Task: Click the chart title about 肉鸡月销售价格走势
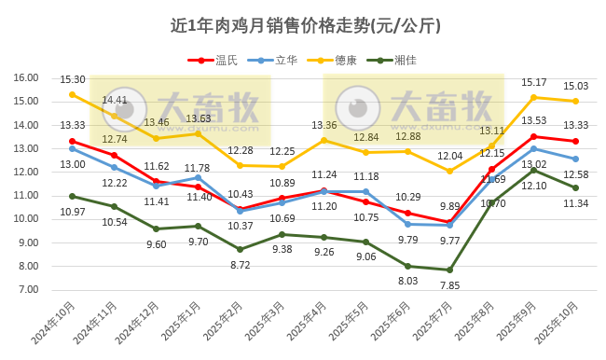point(306,25)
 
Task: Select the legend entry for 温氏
point(215,61)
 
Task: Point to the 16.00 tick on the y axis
point(25,78)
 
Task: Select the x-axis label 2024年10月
point(58,322)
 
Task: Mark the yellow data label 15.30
point(73,80)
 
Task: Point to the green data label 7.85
point(450,285)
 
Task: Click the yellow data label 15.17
point(534,83)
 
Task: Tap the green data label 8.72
point(241,265)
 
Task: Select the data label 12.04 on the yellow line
point(450,156)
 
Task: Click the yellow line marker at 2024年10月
point(73,94)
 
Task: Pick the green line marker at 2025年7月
point(450,270)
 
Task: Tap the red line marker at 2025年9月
point(534,136)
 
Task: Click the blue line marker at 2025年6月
point(408,224)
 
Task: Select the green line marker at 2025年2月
point(241,249)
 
